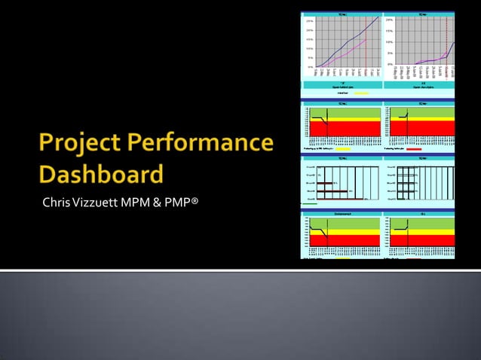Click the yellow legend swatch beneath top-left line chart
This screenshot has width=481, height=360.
tap(361, 93)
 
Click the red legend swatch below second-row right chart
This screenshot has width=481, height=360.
tap(414, 148)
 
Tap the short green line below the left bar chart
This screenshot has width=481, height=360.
tap(309, 203)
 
